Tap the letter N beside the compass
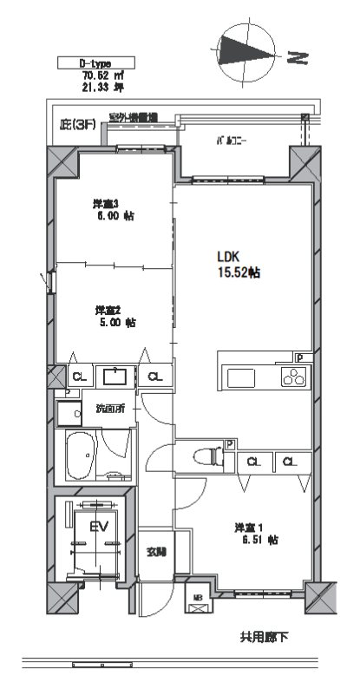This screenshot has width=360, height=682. click(298, 58)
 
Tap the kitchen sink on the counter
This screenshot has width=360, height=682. click(240, 377)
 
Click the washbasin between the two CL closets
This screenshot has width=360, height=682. click(114, 376)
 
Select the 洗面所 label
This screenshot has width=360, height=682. click(110, 408)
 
